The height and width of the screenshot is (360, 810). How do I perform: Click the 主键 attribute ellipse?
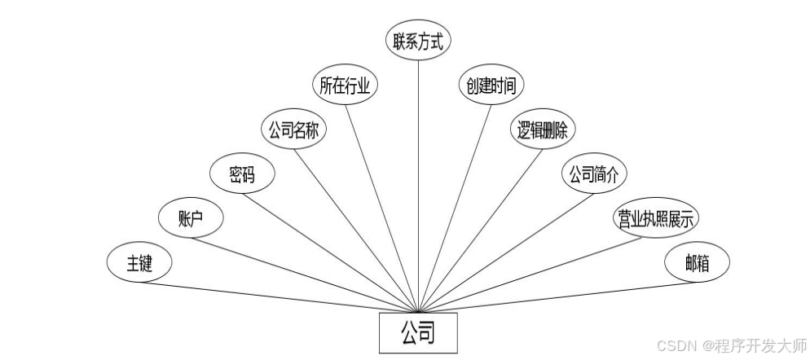139,263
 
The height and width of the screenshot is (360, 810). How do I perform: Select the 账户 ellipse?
190,217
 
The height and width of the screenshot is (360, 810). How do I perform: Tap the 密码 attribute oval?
241,173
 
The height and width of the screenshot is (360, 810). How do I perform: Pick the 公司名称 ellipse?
293,130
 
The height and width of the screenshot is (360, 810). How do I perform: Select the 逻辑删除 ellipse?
543,130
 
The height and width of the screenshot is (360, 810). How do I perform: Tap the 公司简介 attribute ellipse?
593,173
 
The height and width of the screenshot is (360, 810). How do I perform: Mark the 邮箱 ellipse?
697,263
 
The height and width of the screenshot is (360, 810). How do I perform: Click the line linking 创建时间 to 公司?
455,208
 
